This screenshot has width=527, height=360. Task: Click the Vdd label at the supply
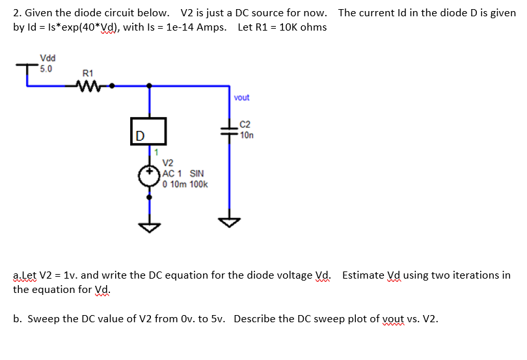coord(47,58)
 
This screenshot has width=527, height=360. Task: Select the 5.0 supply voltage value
coord(46,68)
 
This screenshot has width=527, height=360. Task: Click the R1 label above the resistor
coord(88,73)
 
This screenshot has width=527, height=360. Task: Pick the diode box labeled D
coord(150,132)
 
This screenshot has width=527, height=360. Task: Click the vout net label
coord(241,98)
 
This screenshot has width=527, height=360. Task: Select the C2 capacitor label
coord(245,124)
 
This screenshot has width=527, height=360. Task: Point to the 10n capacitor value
coord(247,135)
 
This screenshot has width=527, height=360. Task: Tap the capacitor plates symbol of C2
coord(230,130)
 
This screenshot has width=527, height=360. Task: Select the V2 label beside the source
coord(168,163)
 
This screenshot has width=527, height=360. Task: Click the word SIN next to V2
coord(196,174)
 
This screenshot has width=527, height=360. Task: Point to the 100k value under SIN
coord(198,184)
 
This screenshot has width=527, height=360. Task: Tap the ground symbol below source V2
coord(150,226)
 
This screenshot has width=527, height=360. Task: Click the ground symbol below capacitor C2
coord(230,221)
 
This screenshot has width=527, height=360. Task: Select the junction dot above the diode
coord(150,85)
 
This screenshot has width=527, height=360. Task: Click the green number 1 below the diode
coord(156,152)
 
